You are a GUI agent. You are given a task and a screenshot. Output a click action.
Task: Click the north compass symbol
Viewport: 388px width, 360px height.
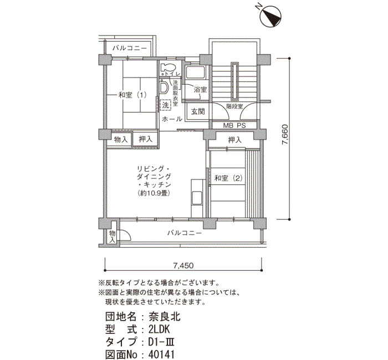point(270,16)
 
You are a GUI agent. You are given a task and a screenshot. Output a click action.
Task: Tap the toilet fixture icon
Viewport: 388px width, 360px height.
point(167,67)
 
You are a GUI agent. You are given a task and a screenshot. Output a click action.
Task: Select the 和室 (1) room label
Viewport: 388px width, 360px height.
point(132,95)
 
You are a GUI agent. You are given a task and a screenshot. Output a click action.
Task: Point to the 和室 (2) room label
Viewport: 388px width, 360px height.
point(228,178)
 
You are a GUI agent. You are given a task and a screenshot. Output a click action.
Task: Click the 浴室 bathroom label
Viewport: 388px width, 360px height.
point(200,89)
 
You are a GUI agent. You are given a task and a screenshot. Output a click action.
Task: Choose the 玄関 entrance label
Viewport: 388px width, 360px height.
point(198,111)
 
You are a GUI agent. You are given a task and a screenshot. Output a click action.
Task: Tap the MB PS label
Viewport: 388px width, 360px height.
point(234,125)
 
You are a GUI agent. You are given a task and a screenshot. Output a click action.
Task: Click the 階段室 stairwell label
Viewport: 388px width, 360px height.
point(234,106)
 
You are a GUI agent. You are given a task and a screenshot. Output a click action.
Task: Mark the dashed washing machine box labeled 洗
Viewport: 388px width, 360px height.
point(165,105)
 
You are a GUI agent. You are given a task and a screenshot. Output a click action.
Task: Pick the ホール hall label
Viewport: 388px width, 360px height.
point(172,119)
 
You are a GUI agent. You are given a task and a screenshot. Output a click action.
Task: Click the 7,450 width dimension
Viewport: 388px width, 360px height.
point(183,266)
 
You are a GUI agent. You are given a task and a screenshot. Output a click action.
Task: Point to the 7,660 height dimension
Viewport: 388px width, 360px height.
point(285,135)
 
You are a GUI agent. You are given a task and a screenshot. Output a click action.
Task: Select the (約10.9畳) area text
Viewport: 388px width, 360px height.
point(154,193)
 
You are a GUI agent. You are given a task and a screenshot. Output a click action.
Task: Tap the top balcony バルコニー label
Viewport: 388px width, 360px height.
point(130,48)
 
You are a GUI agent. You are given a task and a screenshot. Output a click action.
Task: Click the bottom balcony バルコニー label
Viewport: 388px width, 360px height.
point(185,233)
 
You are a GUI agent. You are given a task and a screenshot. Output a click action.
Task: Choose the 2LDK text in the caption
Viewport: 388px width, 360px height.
point(159,330)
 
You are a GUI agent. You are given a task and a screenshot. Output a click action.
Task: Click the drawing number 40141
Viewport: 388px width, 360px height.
point(161,354)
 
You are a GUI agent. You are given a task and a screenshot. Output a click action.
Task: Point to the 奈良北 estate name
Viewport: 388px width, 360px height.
point(165,316)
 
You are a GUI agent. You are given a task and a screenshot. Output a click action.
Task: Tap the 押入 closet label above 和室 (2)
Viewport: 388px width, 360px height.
point(234,140)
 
